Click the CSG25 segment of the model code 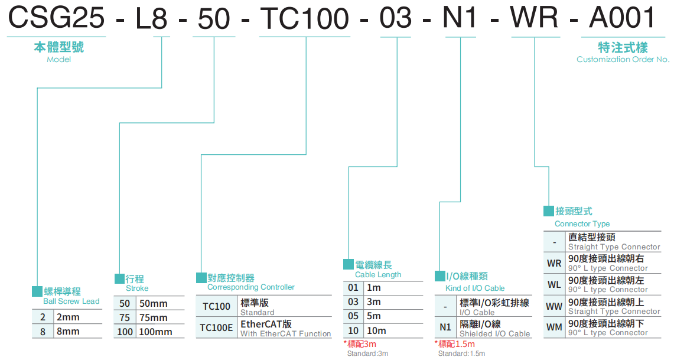[x=56, y=18]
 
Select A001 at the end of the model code [x=623, y=18]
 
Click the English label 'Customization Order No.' [x=623, y=59]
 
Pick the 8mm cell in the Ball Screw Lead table [x=68, y=332]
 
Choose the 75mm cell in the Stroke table [x=152, y=317]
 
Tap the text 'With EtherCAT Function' [x=285, y=334]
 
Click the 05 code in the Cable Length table [x=353, y=316]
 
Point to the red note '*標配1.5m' [x=454, y=344]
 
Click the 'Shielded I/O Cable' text [x=494, y=334]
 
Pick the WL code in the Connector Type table [x=554, y=284]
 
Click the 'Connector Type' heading [x=582, y=224]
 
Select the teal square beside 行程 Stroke [x=119, y=278]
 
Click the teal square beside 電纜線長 [x=349, y=264]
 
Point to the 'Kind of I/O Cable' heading [x=475, y=288]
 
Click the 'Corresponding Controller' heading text [x=250, y=287]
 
